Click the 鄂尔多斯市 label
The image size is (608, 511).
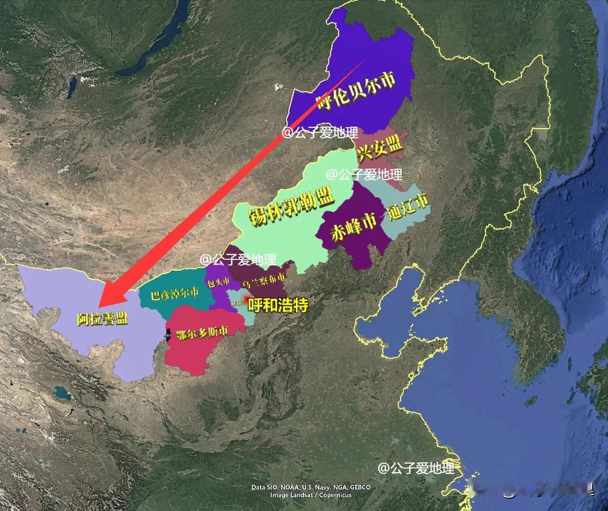coord(202,333)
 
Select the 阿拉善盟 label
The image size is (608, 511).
coord(102,319)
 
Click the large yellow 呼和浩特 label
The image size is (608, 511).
coord(278,306)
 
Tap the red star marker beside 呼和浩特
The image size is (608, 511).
coord(246,298)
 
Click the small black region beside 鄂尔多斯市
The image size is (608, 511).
coord(168,334)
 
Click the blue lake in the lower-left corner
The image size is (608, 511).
coord(62,394)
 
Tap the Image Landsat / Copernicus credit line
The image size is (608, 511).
coord(311,495)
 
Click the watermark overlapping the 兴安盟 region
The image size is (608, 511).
coord(364,174)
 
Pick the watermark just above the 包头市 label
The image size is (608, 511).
coord(238,260)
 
